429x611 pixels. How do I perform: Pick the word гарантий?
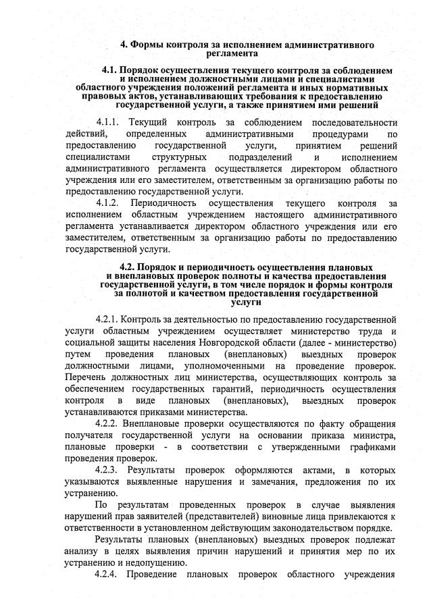pos(224,389)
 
